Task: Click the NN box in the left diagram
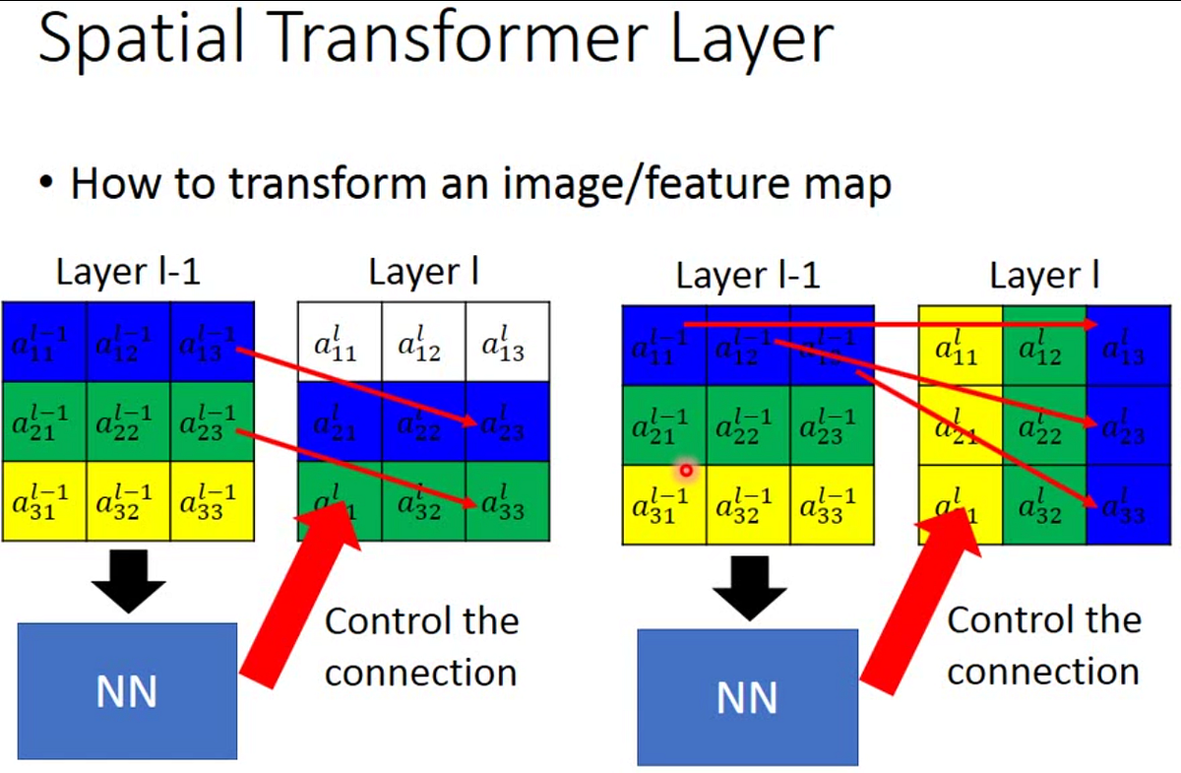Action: tap(127, 690)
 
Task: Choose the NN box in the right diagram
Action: tap(747, 697)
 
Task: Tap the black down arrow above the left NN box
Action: tap(128, 581)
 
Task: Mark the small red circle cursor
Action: tap(686, 471)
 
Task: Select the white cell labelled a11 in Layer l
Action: tap(339, 342)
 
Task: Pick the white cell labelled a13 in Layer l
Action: tap(507, 342)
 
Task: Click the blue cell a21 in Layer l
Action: tap(339, 422)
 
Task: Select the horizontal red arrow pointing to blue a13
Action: tap(886, 322)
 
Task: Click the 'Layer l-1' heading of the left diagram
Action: tap(128, 272)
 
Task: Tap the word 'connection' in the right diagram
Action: tap(1043, 672)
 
